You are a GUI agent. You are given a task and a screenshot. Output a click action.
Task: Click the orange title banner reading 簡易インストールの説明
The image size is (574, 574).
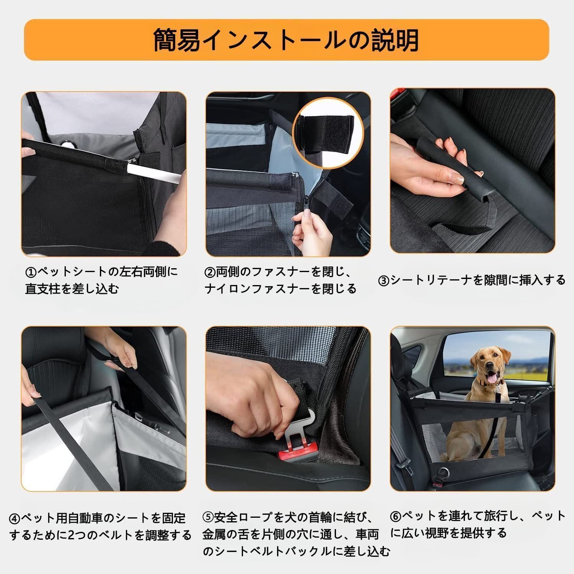286,40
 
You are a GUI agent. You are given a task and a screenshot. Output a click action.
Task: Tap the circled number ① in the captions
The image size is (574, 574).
30,272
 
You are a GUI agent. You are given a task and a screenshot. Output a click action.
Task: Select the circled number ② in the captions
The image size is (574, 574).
210,272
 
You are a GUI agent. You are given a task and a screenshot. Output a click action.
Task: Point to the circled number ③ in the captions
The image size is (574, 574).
384,281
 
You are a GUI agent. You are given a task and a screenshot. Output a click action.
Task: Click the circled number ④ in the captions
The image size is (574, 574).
15,519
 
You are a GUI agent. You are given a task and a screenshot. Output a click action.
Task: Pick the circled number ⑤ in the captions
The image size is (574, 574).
208,517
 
